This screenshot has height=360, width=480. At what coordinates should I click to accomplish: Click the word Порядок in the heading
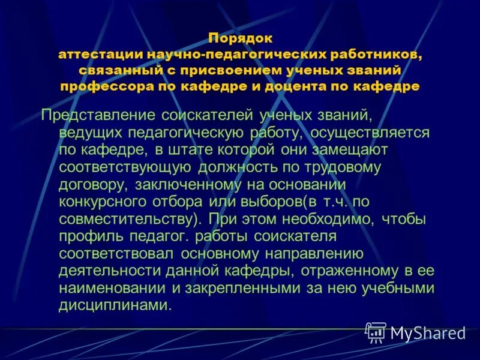click(x=240, y=38)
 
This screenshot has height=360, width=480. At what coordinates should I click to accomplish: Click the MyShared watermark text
click(x=428, y=333)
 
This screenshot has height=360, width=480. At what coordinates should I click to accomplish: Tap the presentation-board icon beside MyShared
click(x=376, y=332)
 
